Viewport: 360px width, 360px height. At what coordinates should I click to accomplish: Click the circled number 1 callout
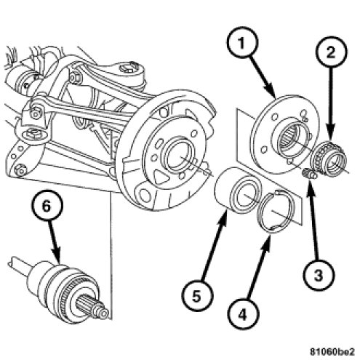coord(241,44)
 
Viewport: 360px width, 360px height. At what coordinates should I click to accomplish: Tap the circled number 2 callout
coord(332,52)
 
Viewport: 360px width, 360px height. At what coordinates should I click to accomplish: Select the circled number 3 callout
coord(319,275)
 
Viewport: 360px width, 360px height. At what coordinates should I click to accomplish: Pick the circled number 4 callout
coord(242,314)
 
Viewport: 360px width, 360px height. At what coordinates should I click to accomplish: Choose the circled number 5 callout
coord(196,296)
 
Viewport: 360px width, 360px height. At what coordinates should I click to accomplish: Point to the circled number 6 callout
coord(47,206)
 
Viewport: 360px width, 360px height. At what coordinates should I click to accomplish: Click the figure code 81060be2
coord(332,351)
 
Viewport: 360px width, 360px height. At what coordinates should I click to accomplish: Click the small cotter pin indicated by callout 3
coord(308,174)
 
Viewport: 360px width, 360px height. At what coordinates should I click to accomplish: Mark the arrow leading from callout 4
coord(257,268)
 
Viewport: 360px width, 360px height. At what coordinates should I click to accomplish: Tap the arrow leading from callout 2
coord(332,103)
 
